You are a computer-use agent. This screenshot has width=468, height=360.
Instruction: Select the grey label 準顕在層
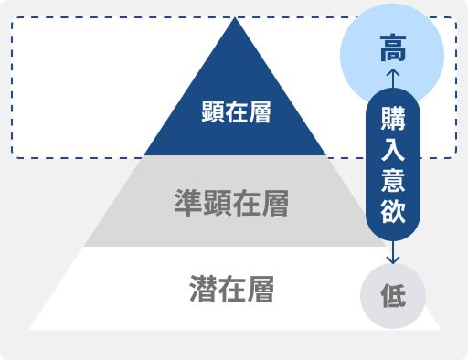coord(232,203)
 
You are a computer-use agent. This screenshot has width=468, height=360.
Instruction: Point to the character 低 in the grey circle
coord(393,297)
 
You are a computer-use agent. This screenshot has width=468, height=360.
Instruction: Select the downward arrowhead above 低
coord(393,259)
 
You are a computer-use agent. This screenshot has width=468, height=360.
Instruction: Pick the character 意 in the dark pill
coord(393,180)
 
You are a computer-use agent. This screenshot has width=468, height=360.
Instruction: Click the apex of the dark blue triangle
coord(235,17)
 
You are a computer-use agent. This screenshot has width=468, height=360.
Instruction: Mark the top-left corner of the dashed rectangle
coord(12,17)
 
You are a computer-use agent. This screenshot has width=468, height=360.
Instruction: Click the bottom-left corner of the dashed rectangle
coord(12,157)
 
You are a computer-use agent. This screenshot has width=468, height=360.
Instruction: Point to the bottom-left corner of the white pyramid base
coord(30,328)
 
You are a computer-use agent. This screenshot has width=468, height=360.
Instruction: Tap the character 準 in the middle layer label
coord(188,203)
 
